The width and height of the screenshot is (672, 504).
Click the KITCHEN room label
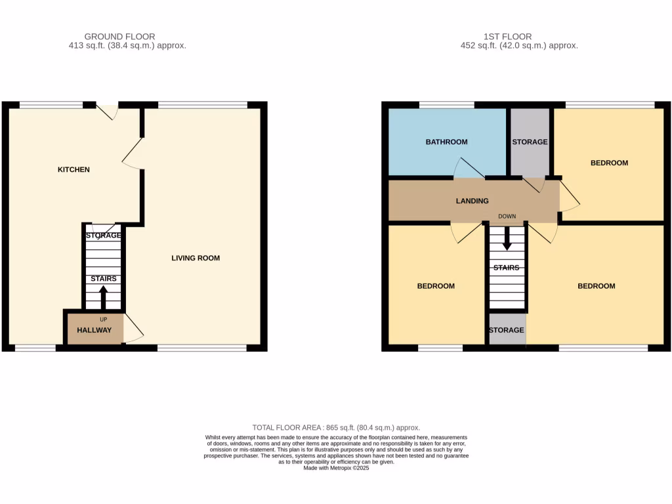click(73, 170)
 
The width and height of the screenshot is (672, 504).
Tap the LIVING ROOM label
click(196, 258)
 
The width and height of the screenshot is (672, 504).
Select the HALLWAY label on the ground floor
click(94, 330)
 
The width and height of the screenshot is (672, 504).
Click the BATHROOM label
click(446, 142)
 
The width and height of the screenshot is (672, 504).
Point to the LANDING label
click(472, 201)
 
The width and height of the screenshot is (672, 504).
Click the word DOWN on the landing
click(507, 216)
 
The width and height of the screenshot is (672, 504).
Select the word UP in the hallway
click(103, 320)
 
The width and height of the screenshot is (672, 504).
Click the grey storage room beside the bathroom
click(530, 142)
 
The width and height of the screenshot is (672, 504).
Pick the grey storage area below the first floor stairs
click(507, 330)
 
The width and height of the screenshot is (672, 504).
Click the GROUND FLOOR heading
click(120, 37)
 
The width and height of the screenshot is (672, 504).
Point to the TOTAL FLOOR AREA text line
click(336, 427)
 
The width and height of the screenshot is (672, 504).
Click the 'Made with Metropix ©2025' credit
click(336, 468)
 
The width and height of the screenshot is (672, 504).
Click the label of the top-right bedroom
click(609, 163)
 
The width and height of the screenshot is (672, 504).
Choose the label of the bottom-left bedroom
click(436, 286)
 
